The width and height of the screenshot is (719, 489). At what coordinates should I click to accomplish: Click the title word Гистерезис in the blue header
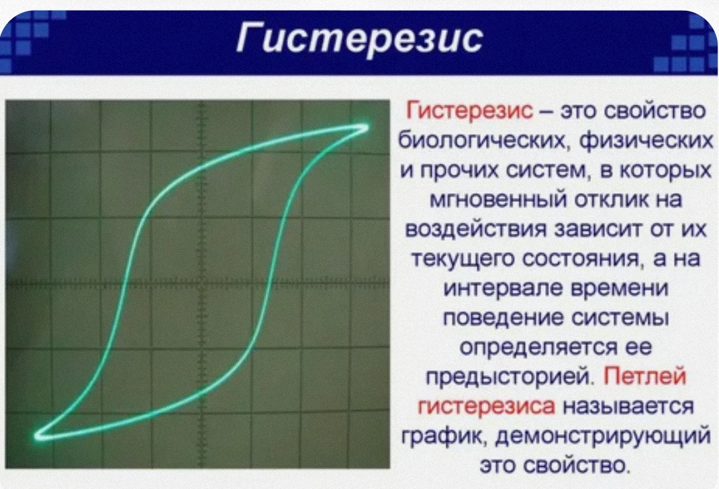[x=360, y=40]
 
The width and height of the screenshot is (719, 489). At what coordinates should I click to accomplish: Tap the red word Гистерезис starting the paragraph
[x=469, y=111]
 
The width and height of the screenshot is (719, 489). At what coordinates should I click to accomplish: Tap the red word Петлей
[x=644, y=377]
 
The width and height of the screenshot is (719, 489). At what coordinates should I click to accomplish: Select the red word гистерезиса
[x=485, y=406]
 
